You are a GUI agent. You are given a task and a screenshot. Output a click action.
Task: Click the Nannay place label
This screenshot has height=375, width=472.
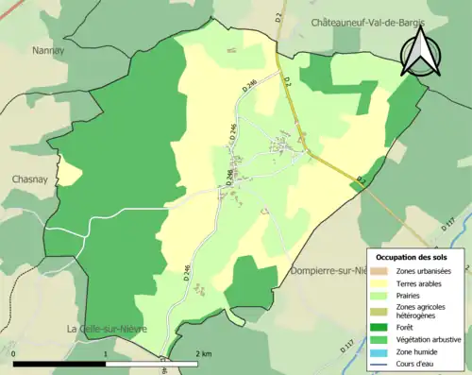tap(46, 51)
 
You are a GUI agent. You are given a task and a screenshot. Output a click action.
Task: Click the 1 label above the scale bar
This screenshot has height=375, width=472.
tap(105, 353)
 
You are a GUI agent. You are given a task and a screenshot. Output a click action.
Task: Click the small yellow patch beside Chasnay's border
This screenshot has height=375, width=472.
tap(69, 173)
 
